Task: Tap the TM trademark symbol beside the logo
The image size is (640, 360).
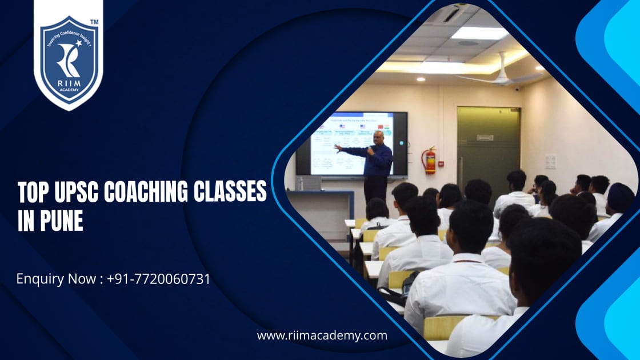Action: point(94,22)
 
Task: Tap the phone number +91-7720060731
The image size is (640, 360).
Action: point(158,279)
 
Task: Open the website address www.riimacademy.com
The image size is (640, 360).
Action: point(322,335)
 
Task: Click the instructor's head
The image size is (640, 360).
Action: point(378,138)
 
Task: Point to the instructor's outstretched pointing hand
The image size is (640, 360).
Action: point(338,148)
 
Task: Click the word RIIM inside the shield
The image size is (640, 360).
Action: point(68,86)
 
